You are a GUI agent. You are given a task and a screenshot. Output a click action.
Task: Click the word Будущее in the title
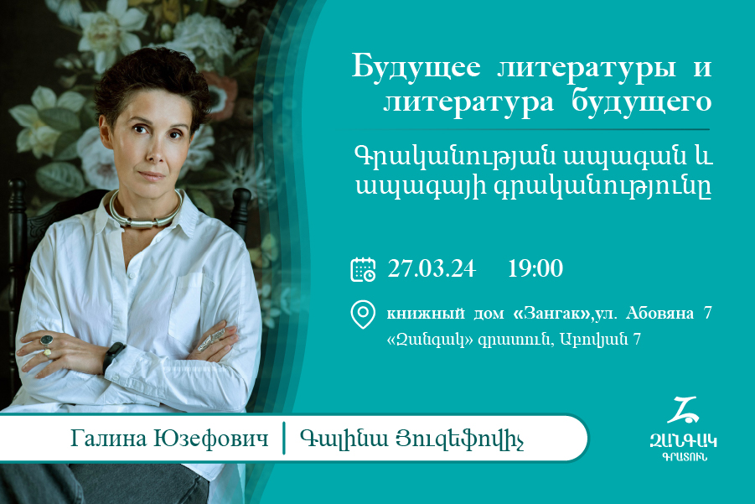416,66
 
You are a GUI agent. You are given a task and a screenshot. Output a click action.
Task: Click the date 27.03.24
432,269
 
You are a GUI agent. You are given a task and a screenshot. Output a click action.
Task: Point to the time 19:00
535,269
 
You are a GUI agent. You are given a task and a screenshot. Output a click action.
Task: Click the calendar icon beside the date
363,269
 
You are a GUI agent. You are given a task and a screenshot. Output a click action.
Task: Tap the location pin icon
363,314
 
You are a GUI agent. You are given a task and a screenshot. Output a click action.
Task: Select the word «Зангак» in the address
553,314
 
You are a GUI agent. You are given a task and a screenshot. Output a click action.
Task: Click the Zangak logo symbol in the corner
683,410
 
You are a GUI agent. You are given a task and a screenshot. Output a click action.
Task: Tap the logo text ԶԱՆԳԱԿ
683,440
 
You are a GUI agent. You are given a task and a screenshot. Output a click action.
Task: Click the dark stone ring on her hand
47,340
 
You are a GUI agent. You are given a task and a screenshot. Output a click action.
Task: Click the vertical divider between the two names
284,438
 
